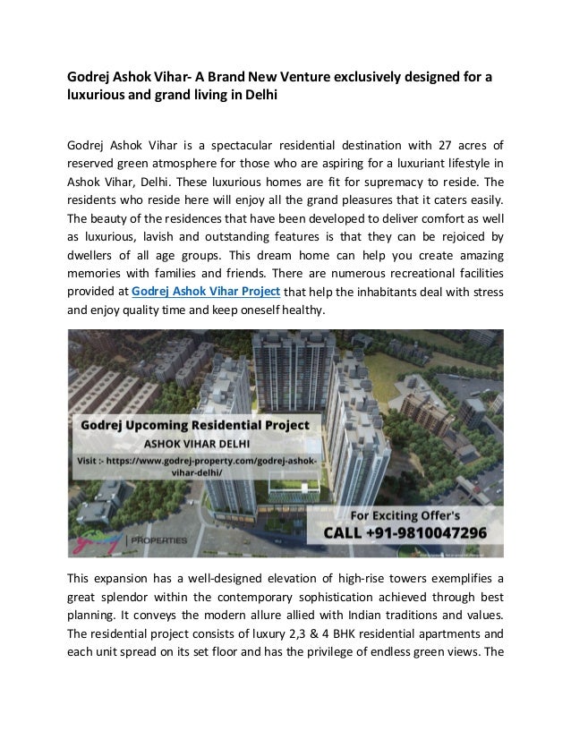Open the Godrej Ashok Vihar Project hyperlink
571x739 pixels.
click(x=206, y=293)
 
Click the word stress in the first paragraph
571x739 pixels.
click(x=486, y=293)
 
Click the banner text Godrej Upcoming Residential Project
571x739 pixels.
click(x=196, y=426)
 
